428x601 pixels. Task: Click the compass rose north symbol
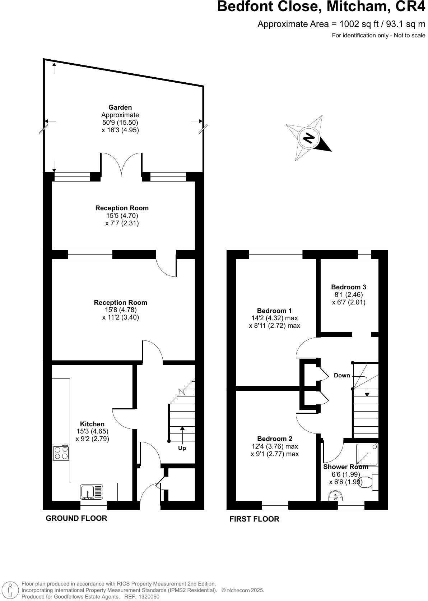tap(308, 138)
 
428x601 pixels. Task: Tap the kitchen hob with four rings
tap(61, 452)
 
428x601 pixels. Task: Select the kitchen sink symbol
tap(92, 492)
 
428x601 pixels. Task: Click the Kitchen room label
tap(92, 424)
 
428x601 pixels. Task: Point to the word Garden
tap(120, 107)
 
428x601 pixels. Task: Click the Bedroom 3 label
tap(348, 287)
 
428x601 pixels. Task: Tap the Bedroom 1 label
tap(274, 311)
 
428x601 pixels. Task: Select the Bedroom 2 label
tap(274, 439)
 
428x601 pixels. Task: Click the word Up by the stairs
tap(182, 448)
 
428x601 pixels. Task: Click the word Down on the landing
tap(341, 375)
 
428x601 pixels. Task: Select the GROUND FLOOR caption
tap(76, 518)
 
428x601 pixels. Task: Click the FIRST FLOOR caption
tap(254, 519)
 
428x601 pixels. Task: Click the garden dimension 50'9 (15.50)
tap(120, 123)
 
